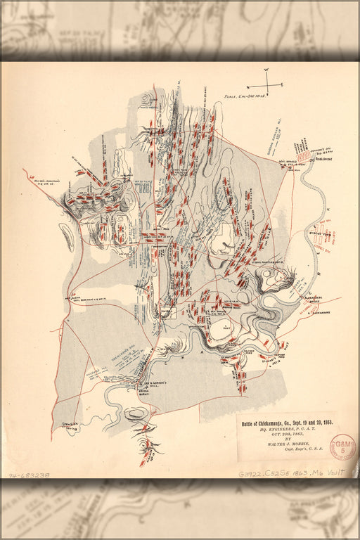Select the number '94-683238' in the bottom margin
[x=30, y=476]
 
